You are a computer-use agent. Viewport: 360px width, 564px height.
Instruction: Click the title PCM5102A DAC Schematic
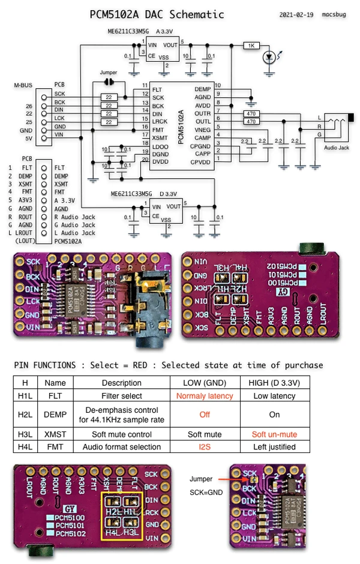pyautogui.click(x=157, y=14)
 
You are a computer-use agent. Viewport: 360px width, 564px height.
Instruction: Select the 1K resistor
pyautogui.click(x=251, y=46)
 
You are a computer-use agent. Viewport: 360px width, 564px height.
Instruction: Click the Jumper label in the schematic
pyautogui.click(x=109, y=73)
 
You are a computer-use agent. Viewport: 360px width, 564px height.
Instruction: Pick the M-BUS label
pyautogui.click(x=23, y=85)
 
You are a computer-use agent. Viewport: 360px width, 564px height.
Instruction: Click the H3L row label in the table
pyautogui.click(x=25, y=434)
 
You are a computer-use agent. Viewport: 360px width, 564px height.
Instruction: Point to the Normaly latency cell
pyautogui.click(x=205, y=396)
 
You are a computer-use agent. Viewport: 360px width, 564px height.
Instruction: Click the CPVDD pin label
pyautogui.click(x=201, y=161)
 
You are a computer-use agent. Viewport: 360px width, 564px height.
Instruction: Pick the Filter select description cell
pyautogui.click(x=122, y=396)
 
